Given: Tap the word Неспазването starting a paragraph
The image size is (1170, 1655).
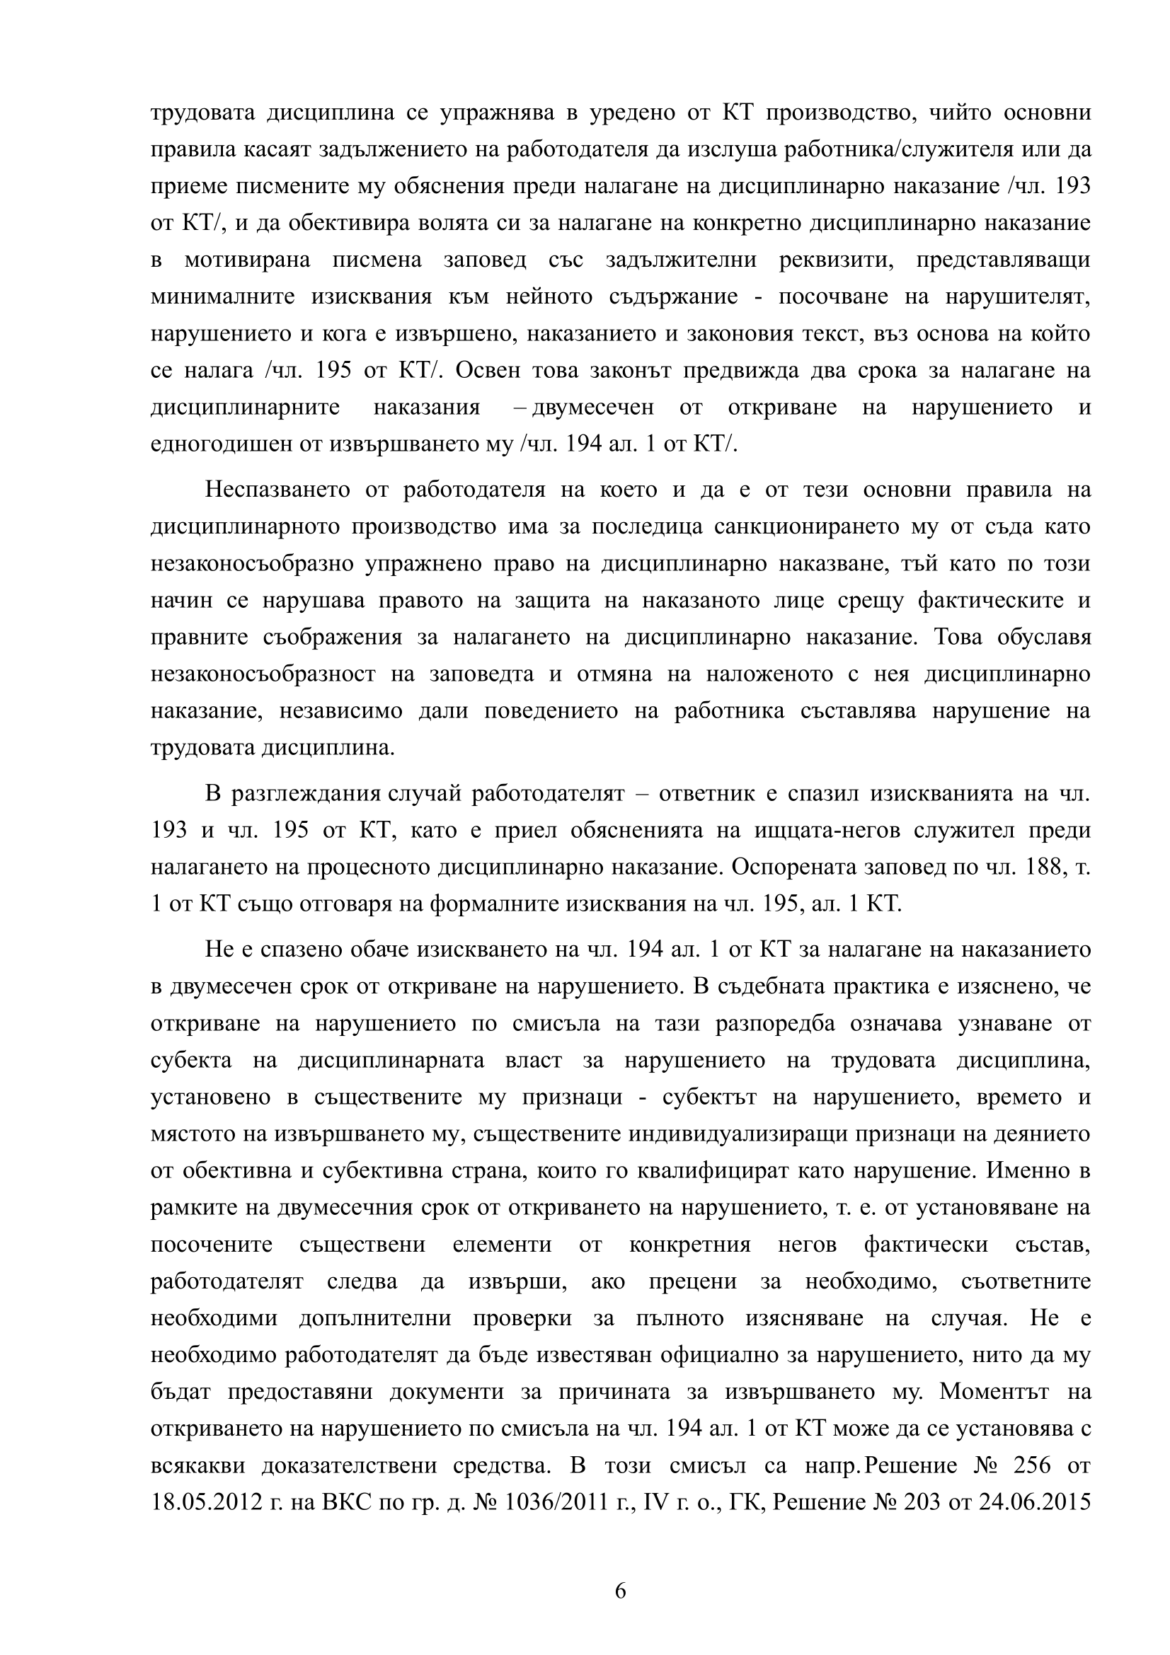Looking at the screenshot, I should (x=280, y=490).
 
